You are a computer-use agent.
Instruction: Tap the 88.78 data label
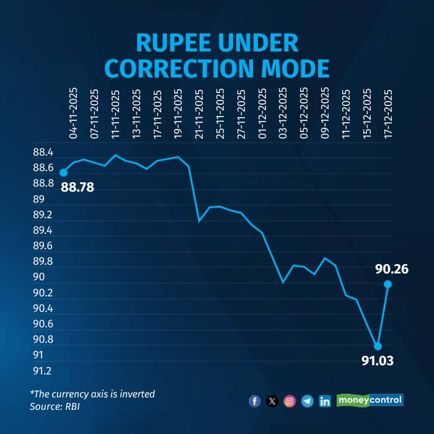click(77, 186)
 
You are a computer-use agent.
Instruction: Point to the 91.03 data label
click(378, 360)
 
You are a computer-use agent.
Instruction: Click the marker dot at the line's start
click(63, 172)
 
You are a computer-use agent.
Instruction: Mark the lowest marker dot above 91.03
click(377, 346)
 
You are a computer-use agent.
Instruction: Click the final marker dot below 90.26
click(388, 285)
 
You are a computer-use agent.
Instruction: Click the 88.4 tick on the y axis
click(43, 153)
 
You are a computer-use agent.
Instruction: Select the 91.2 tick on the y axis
click(43, 371)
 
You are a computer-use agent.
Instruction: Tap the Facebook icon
click(254, 401)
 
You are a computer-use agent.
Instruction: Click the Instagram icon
click(290, 401)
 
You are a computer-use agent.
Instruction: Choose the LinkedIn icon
click(324, 401)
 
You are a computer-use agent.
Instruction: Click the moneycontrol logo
click(370, 400)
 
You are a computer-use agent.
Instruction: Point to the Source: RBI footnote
click(55, 407)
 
